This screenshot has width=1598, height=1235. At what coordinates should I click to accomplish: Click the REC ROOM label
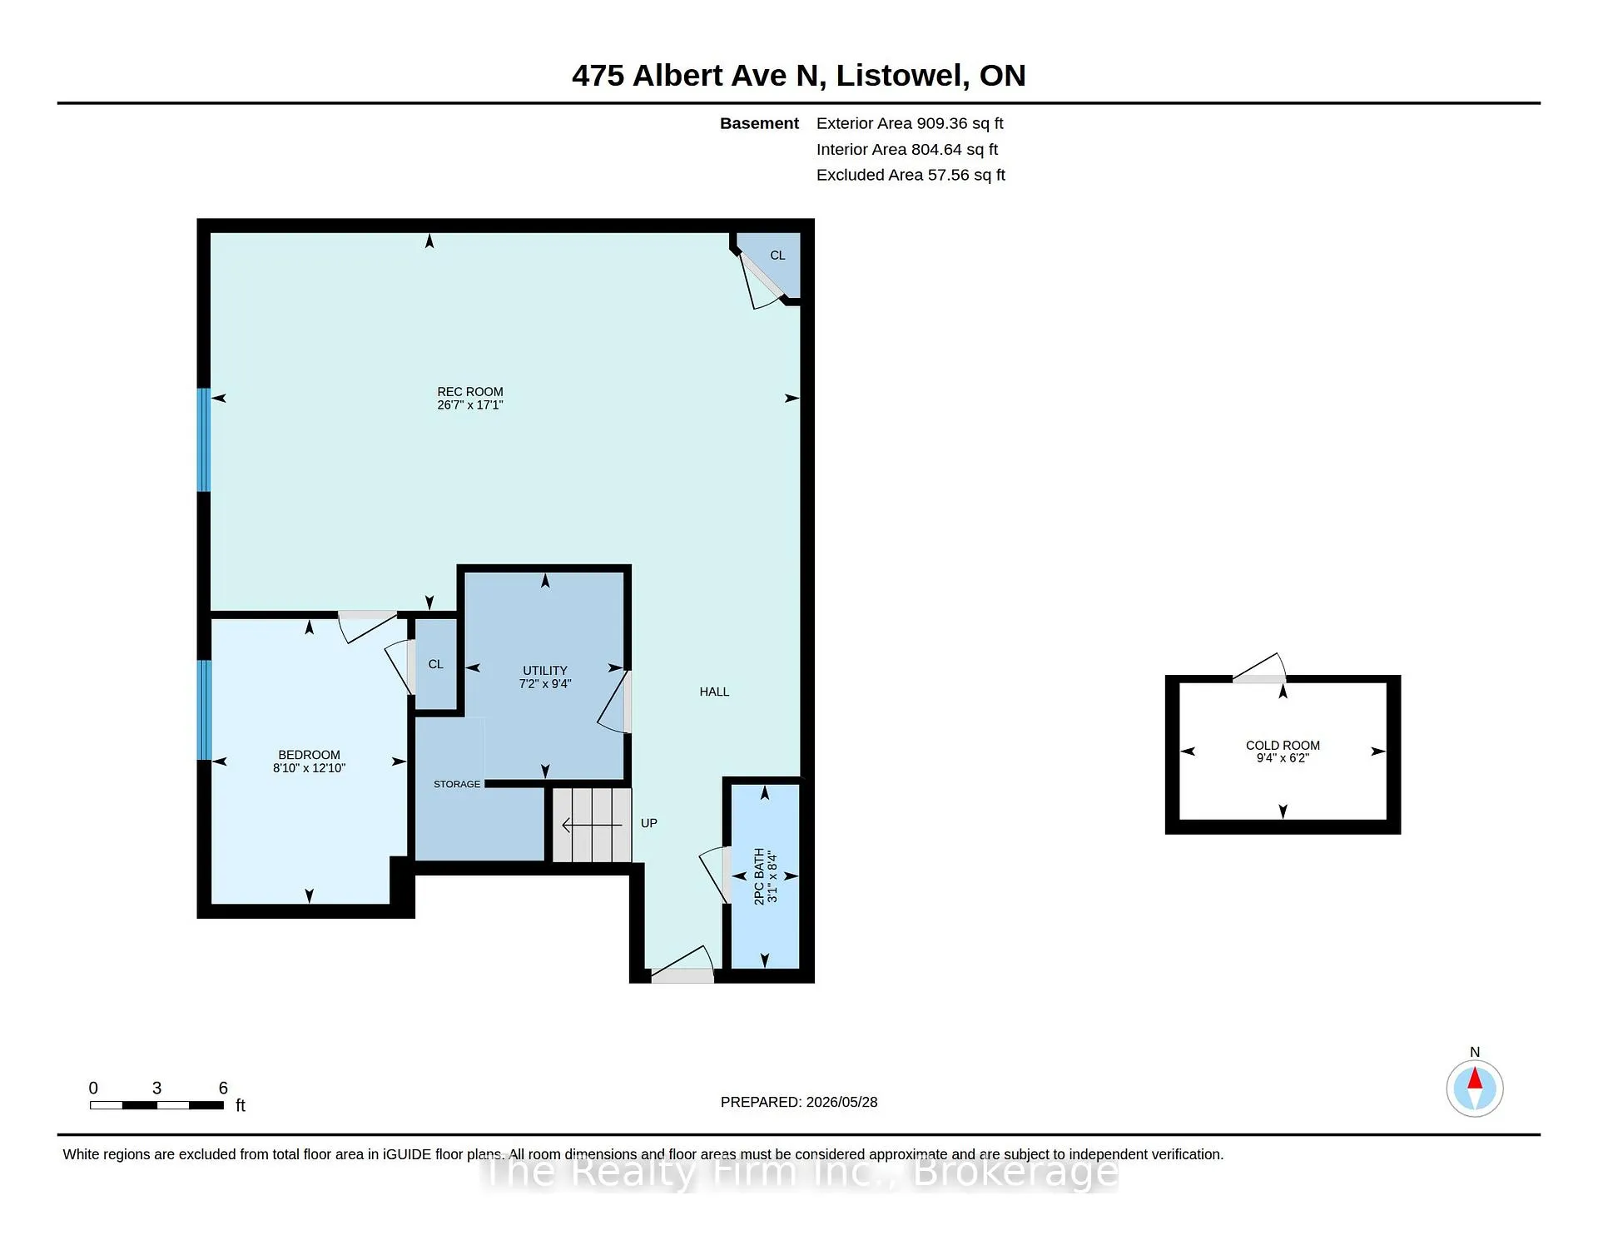pos(470,392)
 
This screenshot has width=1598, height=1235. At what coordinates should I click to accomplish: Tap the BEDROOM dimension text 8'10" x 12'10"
pos(309,768)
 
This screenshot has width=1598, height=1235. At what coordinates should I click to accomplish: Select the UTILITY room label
pos(545,671)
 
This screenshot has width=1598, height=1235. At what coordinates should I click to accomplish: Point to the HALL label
pos(714,692)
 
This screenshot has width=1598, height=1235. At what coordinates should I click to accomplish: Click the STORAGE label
pos(457,784)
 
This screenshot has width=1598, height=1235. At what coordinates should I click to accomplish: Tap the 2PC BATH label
pos(759,876)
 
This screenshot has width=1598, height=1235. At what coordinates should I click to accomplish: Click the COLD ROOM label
pos(1283,746)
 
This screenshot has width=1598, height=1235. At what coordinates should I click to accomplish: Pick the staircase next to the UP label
pos(592,825)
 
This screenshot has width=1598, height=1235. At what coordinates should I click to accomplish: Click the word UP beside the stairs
pos(649,823)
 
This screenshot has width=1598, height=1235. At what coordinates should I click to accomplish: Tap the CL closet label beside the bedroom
pos(435,664)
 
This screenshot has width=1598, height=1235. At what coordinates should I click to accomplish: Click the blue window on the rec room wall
pos(204,440)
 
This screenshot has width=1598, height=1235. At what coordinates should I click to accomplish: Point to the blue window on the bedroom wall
pos(204,710)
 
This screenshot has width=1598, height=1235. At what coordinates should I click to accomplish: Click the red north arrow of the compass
pos(1475,1079)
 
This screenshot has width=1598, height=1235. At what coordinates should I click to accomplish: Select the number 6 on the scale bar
pos(223,1088)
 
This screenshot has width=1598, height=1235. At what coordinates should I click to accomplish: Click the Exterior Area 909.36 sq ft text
pos(910,123)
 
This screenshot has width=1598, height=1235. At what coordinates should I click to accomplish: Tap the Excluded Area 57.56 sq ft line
pos(911,175)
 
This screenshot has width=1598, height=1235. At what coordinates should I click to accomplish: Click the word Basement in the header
pos(759,123)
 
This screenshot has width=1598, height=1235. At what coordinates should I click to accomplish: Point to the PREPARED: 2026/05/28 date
pos(799,1102)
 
